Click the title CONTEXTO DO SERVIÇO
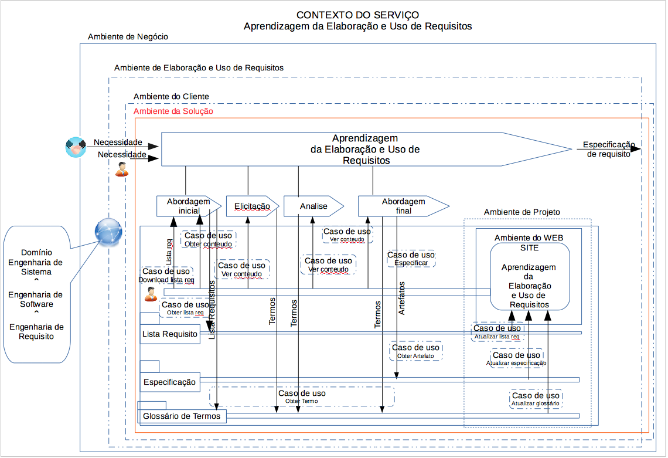pos(357,15)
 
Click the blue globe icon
pos(108,232)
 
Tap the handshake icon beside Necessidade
pos(76,147)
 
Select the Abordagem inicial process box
pos(188,206)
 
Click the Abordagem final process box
pos(403,206)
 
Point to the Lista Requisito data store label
pos(170,334)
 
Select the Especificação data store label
pos(170,382)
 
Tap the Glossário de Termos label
pos(182,416)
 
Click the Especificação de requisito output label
pos(608,149)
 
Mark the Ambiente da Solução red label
pos(173,111)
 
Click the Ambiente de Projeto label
pos(522,212)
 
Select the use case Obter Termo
pos(302,397)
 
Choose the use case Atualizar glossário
pos(536,399)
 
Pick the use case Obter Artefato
pos(415,351)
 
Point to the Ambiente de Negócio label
pos(128,37)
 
